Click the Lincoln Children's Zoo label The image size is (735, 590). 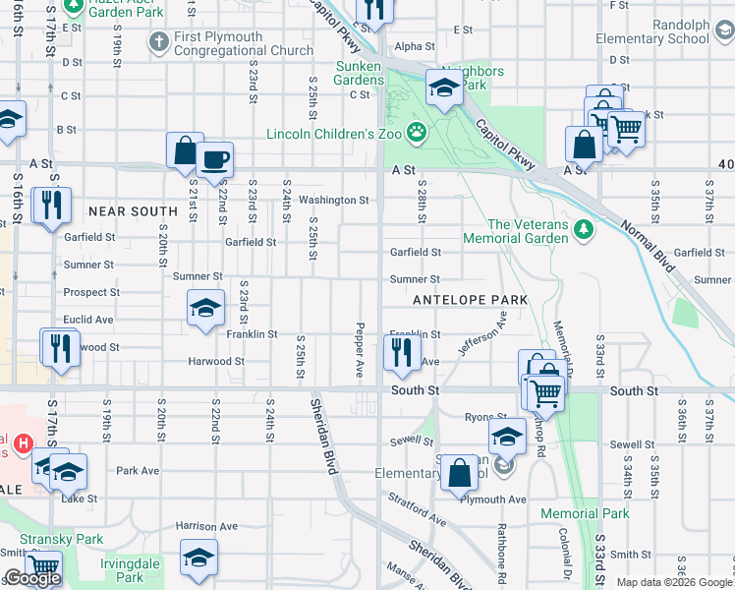(x=335, y=133)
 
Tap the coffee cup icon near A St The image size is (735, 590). (x=214, y=159)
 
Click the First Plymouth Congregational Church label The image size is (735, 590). (x=243, y=43)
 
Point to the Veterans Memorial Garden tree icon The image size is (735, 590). (x=585, y=230)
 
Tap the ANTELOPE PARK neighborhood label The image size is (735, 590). (x=471, y=299)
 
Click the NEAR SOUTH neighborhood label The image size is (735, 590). (x=133, y=211)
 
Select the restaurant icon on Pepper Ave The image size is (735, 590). (x=401, y=351)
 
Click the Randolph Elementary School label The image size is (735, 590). (x=652, y=31)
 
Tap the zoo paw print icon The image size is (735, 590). (x=417, y=130)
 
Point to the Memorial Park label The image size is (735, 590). (x=585, y=513)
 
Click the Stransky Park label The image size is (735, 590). (x=75, y=539)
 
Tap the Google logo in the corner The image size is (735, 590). (x=32, y=579)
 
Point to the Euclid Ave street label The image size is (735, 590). (x=88, y=320)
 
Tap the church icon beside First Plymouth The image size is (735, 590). (x=158, y=43)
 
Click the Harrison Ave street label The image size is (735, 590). (x=207, y=527)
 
